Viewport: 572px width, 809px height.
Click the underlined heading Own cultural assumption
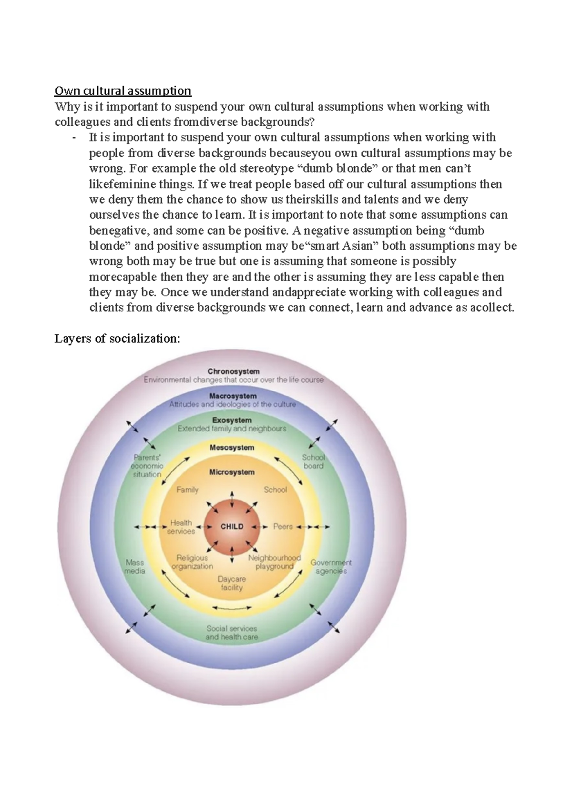click(x=123, y=91)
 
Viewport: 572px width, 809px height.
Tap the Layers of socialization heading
click(x=117, y=339)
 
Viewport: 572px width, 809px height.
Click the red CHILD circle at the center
click(x=232, y=526)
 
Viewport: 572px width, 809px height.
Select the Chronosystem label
click(x=234, y=371)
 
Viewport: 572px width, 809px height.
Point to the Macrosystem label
click(x=233, y=396)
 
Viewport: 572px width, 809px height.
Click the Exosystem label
click(x=232, y=420)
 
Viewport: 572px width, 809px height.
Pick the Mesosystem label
click(x=232, y=447)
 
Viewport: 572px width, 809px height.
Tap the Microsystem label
click(x=232, y=472)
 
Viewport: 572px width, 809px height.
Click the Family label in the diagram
click(x=187, y=490)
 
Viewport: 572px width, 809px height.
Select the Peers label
click(x=283, y=526)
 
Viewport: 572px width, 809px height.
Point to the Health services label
click(x=181, y=527)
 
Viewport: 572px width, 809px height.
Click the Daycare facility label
click(x=232, y=584)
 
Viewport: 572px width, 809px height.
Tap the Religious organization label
click(x=192, y=562)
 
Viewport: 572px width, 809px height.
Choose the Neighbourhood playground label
click(x=275, y=562)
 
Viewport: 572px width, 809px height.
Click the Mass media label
click(x=134, y=566)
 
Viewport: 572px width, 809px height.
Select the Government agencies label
click(x=331, y=566)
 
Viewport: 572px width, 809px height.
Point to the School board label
click(x=313, y=462)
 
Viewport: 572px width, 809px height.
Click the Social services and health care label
click(x=232, y=633)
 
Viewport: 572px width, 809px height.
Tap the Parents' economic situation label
click(x=147, y=466)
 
